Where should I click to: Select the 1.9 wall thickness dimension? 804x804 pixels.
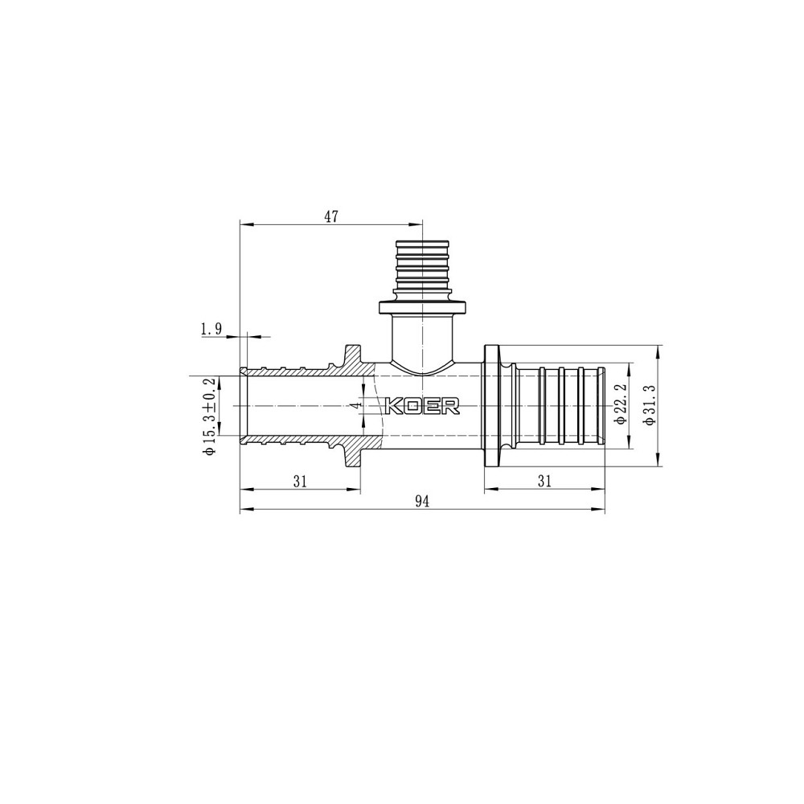[211, 329]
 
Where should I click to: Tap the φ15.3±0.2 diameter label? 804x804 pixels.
[211, 418]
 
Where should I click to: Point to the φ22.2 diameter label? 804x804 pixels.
[620, 405]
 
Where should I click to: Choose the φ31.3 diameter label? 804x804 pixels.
[649, 406]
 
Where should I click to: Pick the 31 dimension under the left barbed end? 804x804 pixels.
[301, 481]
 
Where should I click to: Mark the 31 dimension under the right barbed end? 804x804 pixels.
[544, 481]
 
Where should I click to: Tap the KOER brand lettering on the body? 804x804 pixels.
[423, 407]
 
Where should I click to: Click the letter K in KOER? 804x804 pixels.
[396, 407]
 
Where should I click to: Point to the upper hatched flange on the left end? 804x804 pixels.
[353, 355]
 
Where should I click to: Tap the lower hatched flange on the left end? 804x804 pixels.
[353, 457]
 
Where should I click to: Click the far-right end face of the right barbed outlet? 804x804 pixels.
[605, 406]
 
